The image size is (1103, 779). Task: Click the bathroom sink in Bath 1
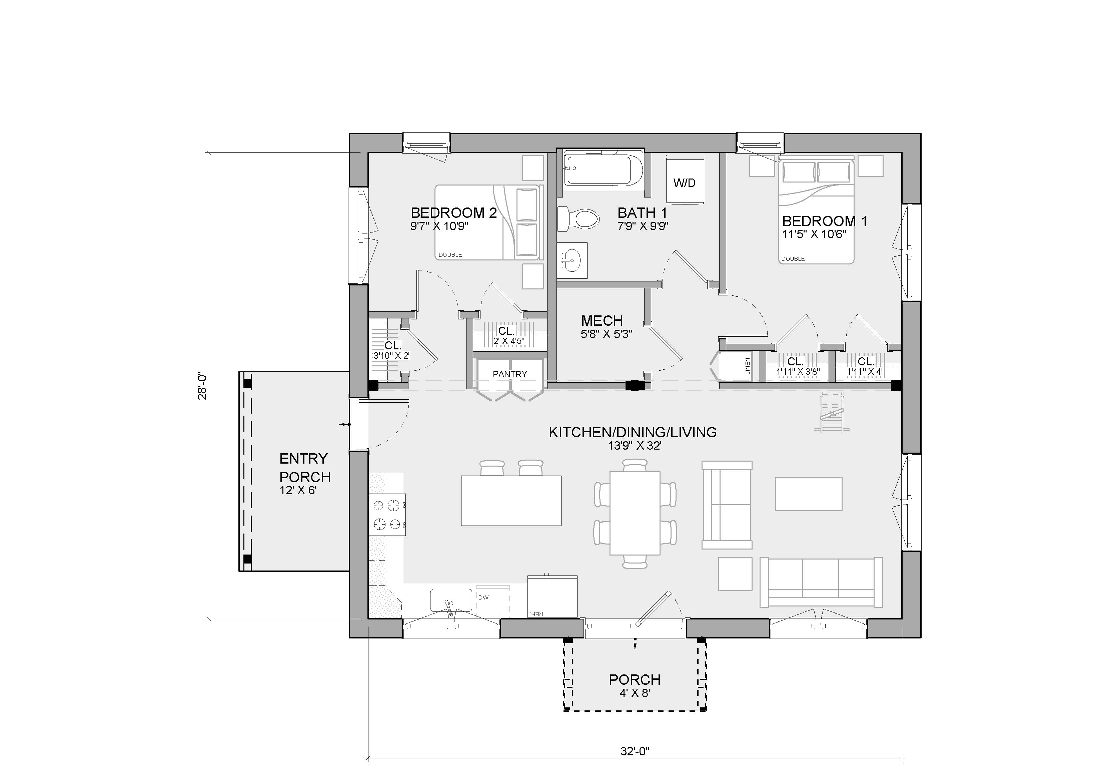(x=572, y=261)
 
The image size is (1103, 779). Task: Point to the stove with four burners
(x=387, y=515)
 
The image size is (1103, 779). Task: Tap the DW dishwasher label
(x=483, y=597)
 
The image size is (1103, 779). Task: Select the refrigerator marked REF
(x=553, y=596)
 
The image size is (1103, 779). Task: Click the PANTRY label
(x=510, y=374)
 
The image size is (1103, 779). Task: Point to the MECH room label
(x=602, y=321)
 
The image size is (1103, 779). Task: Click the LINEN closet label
(x=748, y=366)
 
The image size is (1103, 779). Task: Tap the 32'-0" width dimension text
(x=635, y=751)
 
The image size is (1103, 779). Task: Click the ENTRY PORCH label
(x=305, y=468)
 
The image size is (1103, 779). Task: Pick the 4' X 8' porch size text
(x=635, y=693)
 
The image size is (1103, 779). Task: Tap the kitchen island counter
(x=511, y=501)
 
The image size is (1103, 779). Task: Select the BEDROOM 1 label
(x=825, y=221)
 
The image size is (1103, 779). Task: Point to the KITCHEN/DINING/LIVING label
(x=633, y=432)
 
